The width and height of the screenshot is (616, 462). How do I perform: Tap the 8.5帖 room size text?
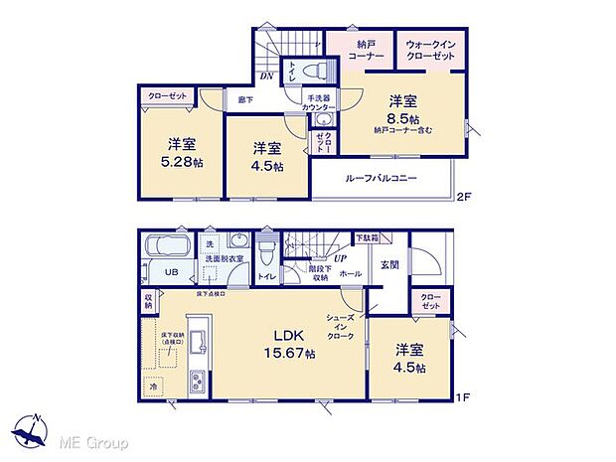pyautogui.click(x=401, y=116)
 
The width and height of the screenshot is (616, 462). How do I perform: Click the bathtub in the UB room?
pyautogui.click(x=166, y=248)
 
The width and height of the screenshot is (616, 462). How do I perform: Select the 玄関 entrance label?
pyautogui.click(x=389, y=263)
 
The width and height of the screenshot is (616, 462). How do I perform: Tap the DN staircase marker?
pyautogui.click(x=265, y=77)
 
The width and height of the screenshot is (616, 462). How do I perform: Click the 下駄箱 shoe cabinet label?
pyautogui.click(x=368, y=238)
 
